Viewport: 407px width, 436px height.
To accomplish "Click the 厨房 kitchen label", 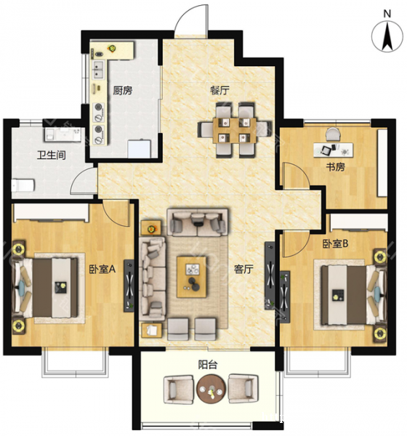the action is [122, 90].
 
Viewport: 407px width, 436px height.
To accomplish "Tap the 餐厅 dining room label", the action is [219, 90].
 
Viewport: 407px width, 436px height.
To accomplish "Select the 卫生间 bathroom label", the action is [52, 156].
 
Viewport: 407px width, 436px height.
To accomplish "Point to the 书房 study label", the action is [336, 167].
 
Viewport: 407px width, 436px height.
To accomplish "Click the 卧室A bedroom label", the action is [102, 269].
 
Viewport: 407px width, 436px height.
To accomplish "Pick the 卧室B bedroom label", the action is [335, 244].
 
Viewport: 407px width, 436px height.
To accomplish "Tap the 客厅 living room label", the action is [243, 269].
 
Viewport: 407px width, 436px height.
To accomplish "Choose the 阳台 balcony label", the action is [208, 365].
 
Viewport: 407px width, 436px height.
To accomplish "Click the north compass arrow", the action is [387, 37].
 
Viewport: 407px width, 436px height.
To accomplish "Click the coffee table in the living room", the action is [192, 277].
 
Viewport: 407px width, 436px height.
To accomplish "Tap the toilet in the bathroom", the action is [23, 185].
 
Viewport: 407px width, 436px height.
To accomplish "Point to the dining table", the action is [235, 130].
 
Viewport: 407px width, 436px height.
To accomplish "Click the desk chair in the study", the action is [333, 134].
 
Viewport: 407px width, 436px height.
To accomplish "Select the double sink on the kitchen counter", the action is [98, 70].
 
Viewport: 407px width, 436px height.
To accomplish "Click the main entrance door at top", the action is [191, 20].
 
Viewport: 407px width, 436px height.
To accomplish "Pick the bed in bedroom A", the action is [47, 288].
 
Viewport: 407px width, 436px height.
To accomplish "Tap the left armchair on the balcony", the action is [179, 389].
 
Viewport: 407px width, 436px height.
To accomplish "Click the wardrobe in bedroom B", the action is [359, 222].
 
